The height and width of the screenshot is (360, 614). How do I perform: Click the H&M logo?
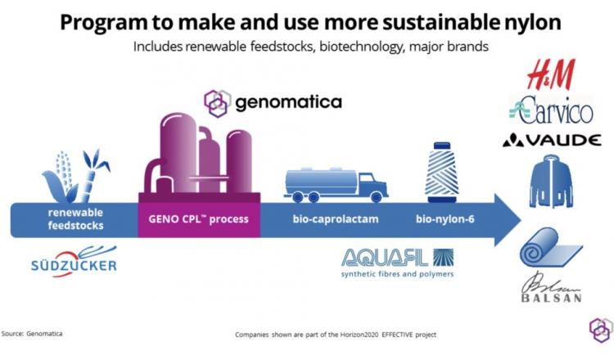pos(551,74)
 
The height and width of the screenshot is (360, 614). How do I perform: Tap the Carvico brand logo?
pos(551,110)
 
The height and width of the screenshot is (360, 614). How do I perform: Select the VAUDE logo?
pos(552,140)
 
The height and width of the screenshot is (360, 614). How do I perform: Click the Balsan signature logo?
pos(551,287)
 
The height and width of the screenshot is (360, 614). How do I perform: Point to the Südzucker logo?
pos(74,261)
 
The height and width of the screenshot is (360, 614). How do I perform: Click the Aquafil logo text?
pos(397,263)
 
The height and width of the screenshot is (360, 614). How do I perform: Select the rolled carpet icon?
pos(551,247)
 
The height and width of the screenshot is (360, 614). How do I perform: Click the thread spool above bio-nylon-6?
pos(442,172)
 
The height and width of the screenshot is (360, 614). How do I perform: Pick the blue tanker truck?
pos(336,185)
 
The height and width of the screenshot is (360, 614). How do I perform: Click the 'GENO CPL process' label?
pos(199,218)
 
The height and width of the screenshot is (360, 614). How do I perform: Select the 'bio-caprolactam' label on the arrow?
pos(336,218)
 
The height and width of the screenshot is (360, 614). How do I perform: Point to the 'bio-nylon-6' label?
pos(445,218)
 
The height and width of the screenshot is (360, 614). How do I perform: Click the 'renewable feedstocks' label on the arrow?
pos(75,218)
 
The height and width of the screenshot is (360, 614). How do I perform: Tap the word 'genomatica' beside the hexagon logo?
pos(289,102)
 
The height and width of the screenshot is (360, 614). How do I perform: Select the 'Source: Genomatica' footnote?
pos(32,334)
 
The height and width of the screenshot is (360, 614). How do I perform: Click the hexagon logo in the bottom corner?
pos(601,331)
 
